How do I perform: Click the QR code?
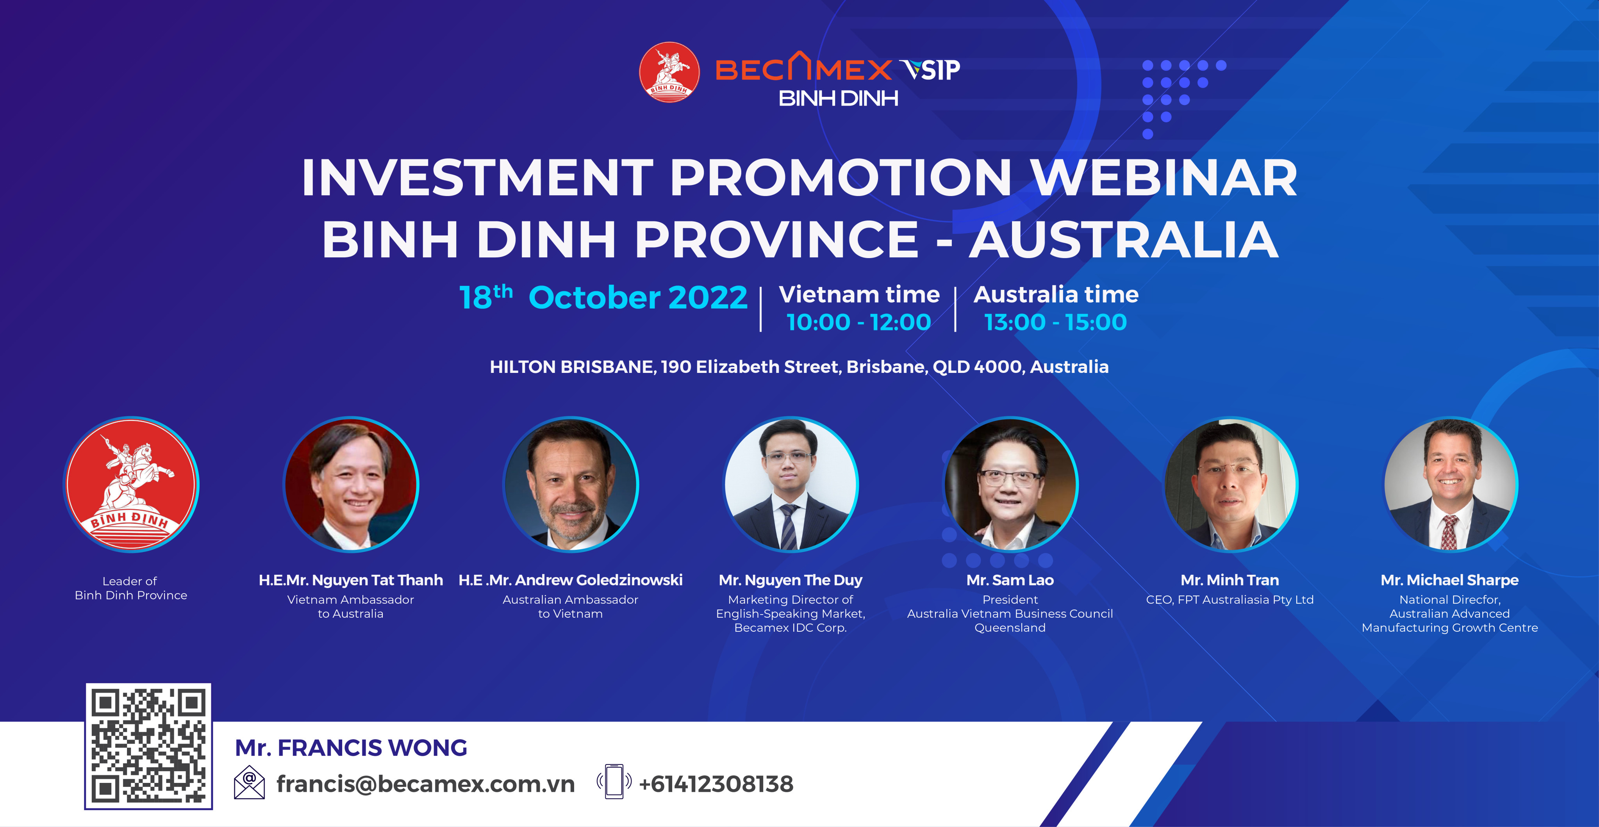(148, 746)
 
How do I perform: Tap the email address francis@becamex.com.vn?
(425, 784)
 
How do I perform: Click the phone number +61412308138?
(716, 784)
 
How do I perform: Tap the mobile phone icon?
(614, 782)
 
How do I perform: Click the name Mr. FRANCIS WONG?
(351, 748)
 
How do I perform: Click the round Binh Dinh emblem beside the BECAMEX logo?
(669, 72)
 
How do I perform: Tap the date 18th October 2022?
(603, 297)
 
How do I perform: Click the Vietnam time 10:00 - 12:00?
(858, 322)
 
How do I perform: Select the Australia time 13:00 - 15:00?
(1055, 322)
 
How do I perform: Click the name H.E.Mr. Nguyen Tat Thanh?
(351, 580)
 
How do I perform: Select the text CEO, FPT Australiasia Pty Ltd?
(1230, 600)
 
